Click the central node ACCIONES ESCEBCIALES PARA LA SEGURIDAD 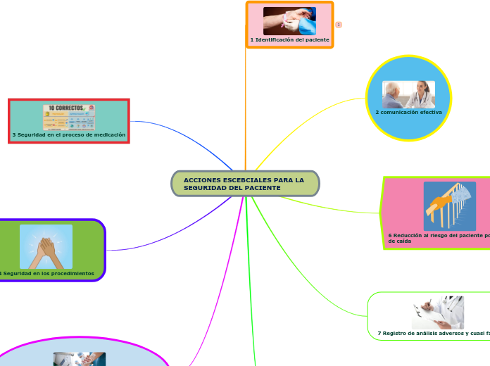point(245,184)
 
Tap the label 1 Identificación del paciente point(289,40)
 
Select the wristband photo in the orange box point(289,21)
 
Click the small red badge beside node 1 point(339,25)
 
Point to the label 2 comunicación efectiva point(408,112)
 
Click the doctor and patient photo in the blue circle point(408,94)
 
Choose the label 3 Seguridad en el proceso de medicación point(69,134)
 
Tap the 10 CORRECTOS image point(69,118)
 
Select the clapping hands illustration point(46,246)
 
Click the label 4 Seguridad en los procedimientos point(48,273)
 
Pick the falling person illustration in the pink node point(449,206)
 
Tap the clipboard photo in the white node point(437,312)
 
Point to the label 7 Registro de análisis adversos point(434,333)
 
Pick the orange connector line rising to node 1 point(246,106)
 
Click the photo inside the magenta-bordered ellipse point(79,359)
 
